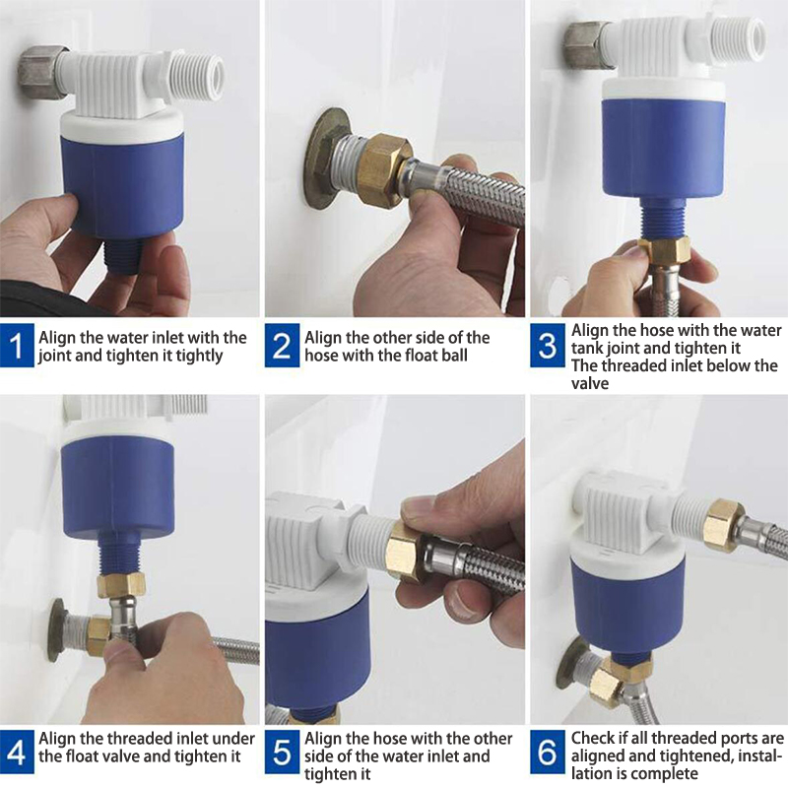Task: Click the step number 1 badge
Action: pos(17,346)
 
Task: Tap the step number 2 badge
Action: pos(282,346)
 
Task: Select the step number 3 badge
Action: pos(548,346)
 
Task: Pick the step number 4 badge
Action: pos(17,753)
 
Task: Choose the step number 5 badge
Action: pos(282,753)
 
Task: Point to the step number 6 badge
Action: pos(548,753)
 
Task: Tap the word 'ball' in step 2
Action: pos(451,356)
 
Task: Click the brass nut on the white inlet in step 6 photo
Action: pos(723,526)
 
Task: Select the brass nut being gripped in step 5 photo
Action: pos(406,552)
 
